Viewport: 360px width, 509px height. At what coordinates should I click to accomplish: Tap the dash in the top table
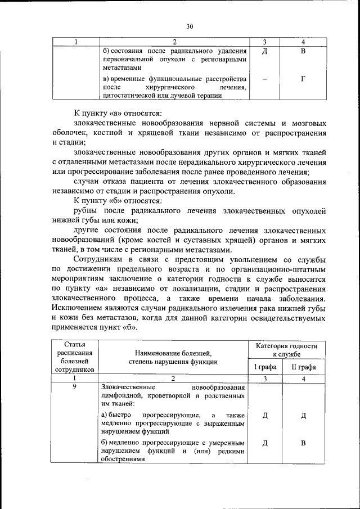pos(264,79)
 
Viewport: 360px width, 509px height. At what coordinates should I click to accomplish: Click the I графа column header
pos(265,367)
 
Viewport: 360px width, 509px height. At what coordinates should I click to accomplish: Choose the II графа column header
pos(303,367)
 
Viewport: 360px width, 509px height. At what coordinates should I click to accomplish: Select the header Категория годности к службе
pos(283,350)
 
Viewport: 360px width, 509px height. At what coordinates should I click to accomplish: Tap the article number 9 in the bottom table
pos(75,388)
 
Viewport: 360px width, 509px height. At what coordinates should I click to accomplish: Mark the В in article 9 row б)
pos(303,442)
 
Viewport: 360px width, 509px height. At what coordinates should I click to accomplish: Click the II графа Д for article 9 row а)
pos(303,415)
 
